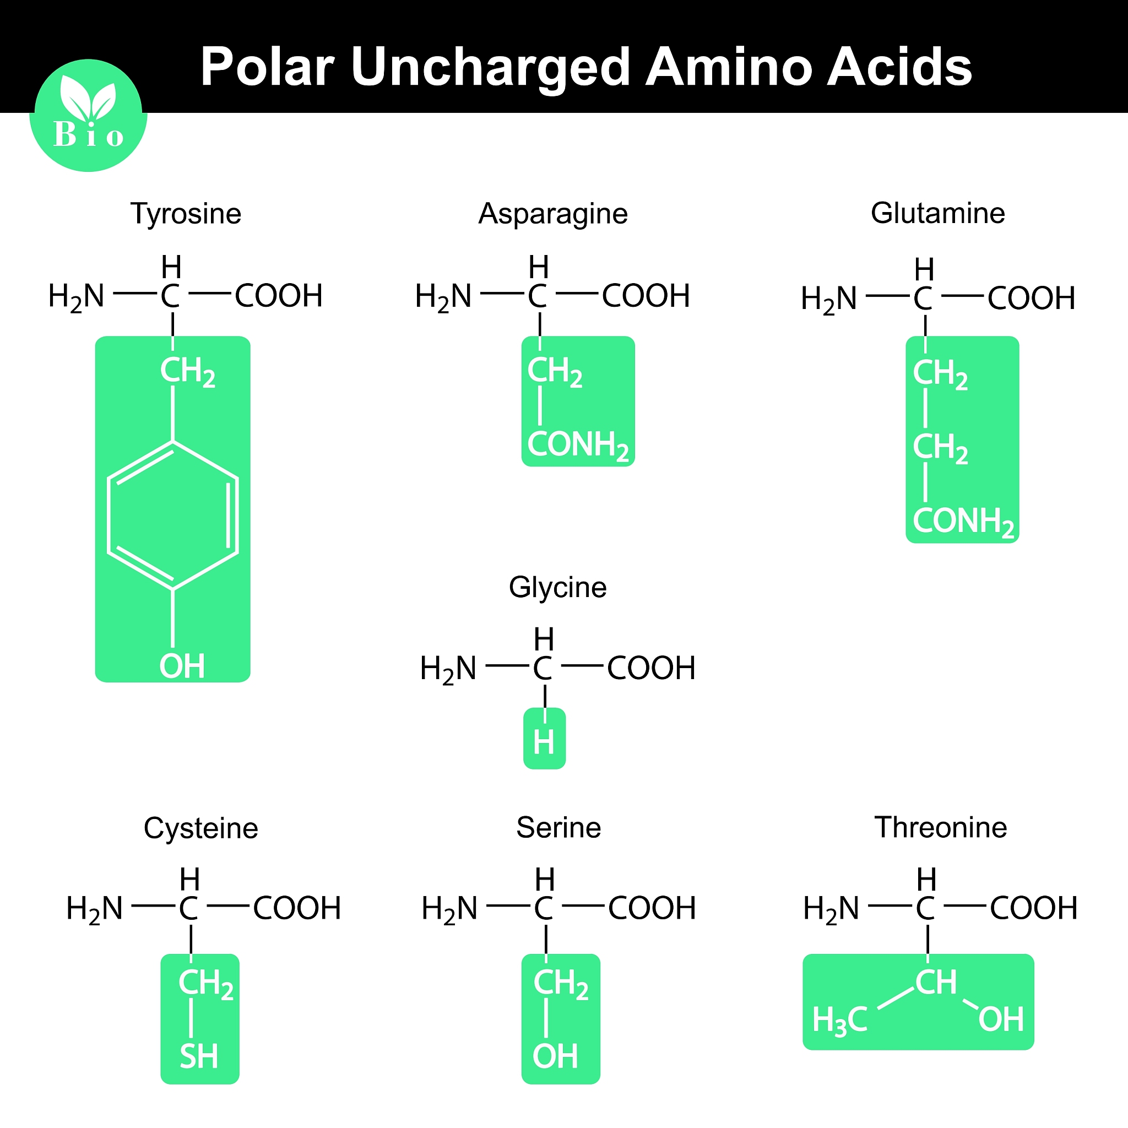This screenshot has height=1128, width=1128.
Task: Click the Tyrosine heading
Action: coord(186,214)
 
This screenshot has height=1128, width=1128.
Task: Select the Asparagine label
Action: coord(553,214)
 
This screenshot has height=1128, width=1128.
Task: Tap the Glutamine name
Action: coord(937,213)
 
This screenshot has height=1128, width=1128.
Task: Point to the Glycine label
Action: coord(557,588)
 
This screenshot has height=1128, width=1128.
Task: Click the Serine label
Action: coord(558,828)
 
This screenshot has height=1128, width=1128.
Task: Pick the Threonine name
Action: coord(941,828)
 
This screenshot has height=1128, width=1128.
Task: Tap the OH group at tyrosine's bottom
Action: coord(182,666)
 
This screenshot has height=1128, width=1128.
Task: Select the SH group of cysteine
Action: coord(199,1056)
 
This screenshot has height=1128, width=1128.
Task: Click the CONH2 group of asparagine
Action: coord(578,446)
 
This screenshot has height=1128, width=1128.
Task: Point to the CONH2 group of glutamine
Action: coord(963,522)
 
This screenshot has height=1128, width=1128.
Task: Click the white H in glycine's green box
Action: coord(544,742)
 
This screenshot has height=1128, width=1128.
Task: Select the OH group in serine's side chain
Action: coord(555,1056)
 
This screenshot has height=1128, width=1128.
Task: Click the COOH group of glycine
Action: coord(652,668)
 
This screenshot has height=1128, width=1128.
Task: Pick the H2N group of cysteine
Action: coord(95,909)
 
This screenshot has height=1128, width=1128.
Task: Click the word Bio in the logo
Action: coord(89,135)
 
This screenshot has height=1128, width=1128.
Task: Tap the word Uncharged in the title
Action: coord(491,68)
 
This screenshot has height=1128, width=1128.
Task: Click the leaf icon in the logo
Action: coord(89,97)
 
